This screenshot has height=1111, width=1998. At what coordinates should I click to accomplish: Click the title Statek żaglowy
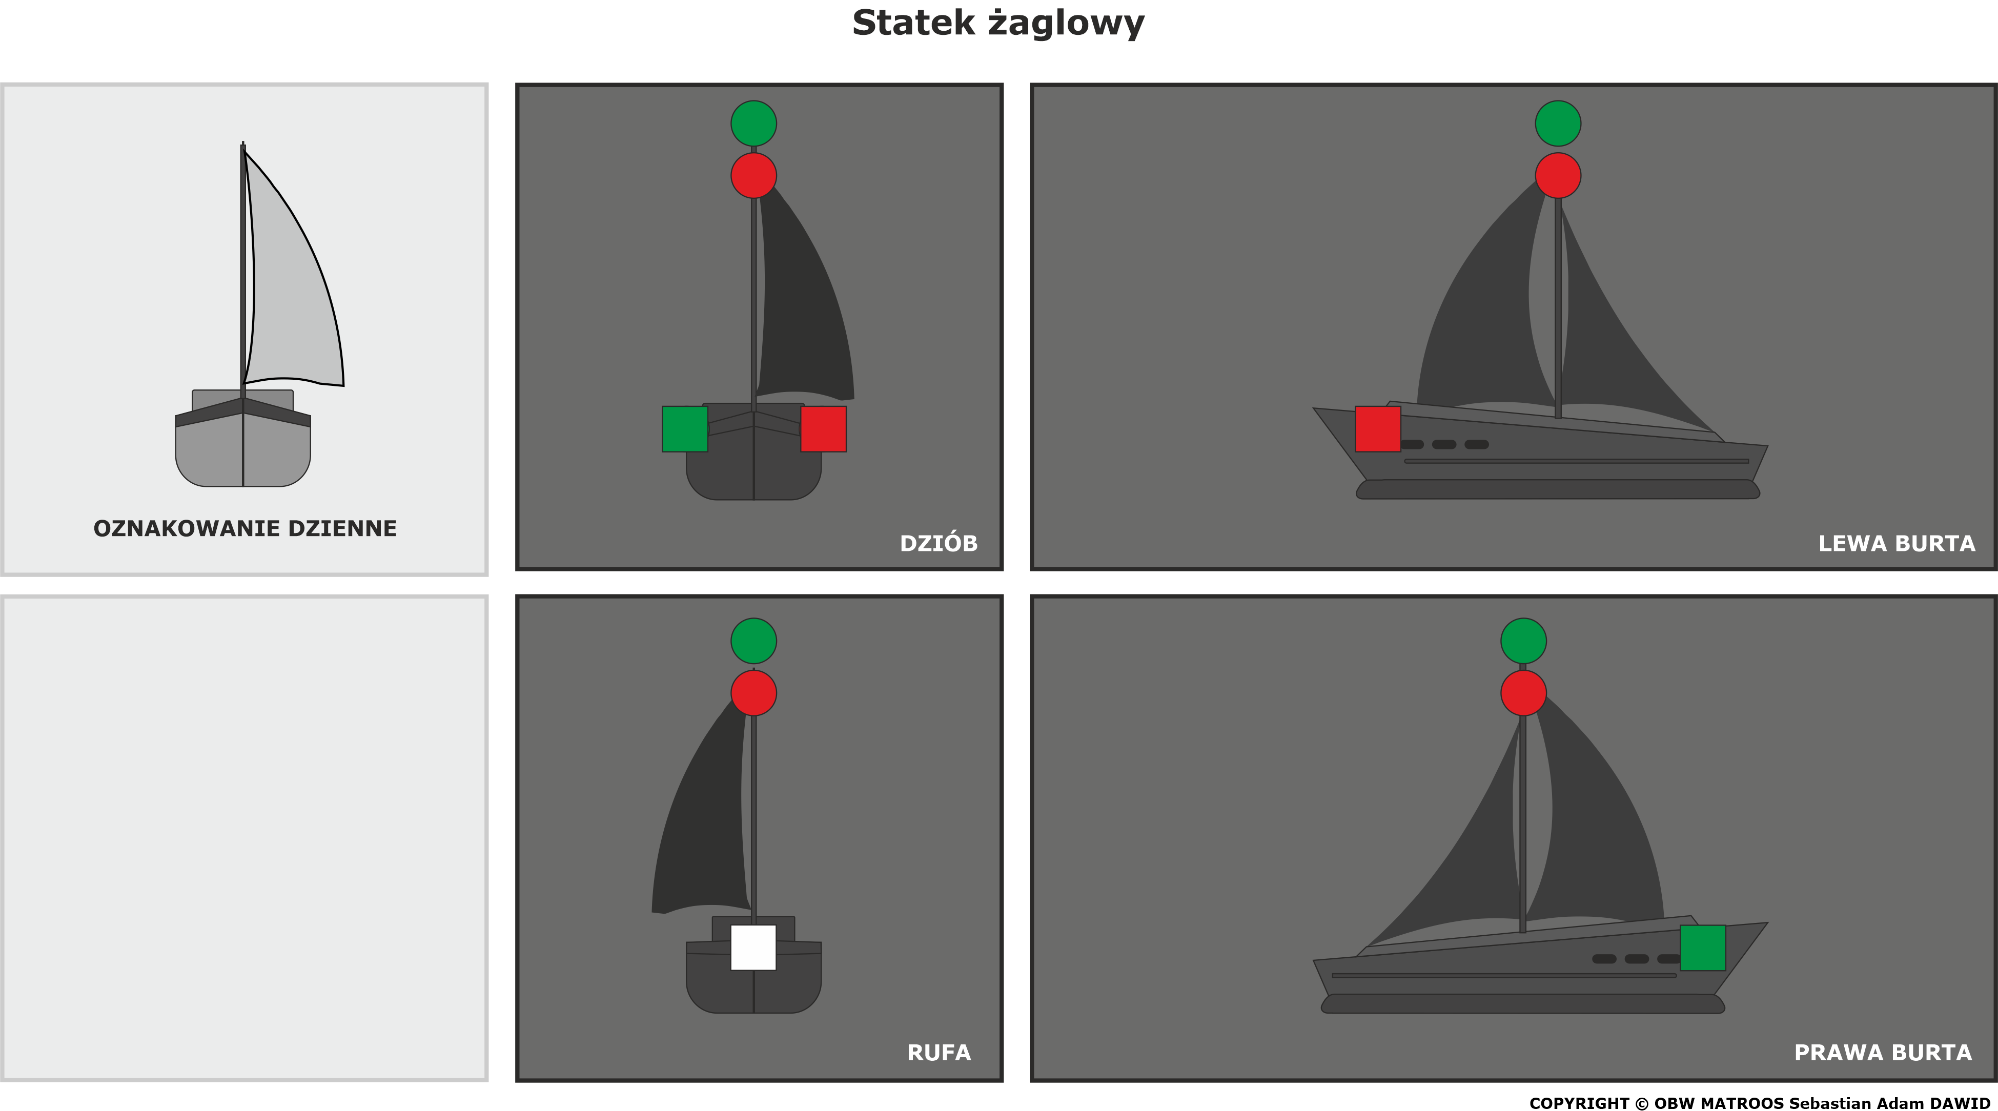998,23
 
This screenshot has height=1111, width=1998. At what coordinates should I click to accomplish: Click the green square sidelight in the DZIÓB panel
685,429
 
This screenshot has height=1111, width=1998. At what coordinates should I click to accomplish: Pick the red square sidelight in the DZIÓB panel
823,429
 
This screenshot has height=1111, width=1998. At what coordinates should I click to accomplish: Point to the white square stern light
753,947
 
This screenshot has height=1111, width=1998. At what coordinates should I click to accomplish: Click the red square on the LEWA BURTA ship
1377,429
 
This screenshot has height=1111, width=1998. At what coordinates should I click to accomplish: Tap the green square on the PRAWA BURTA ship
1702,948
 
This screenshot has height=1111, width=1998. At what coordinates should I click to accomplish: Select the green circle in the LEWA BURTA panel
1558,124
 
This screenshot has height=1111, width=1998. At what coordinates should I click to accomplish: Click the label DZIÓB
939,543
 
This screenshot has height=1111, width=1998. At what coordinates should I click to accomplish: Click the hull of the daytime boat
243,449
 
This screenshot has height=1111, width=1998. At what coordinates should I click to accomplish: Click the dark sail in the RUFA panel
702,822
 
